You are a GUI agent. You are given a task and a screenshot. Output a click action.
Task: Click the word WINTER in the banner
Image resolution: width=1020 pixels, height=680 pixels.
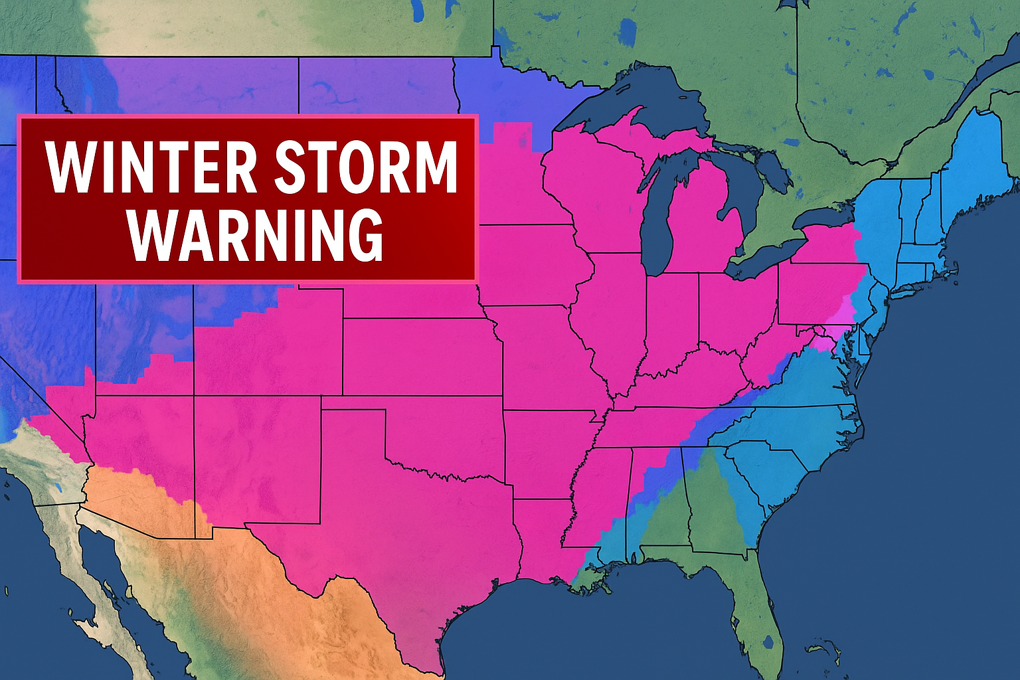click(151, 166)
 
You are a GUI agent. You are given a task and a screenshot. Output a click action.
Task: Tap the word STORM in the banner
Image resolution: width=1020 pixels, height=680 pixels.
click(366, 166)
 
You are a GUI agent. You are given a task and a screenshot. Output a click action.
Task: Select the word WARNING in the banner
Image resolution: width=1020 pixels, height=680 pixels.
click(256, 235)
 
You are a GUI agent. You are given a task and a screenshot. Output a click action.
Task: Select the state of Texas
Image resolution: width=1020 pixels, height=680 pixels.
click(398, 531)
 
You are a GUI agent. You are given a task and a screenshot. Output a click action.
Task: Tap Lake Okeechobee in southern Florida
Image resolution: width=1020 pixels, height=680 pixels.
click(770, 642)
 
